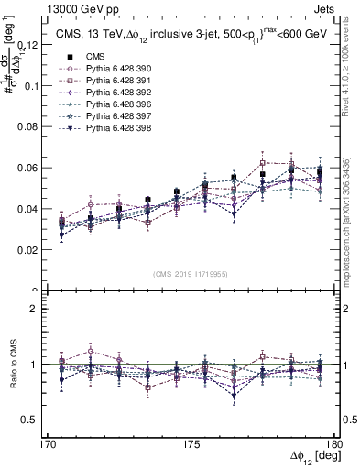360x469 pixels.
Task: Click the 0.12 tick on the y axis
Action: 38,45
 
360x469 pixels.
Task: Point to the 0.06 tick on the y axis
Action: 38,168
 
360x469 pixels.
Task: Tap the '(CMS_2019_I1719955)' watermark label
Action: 195,274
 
